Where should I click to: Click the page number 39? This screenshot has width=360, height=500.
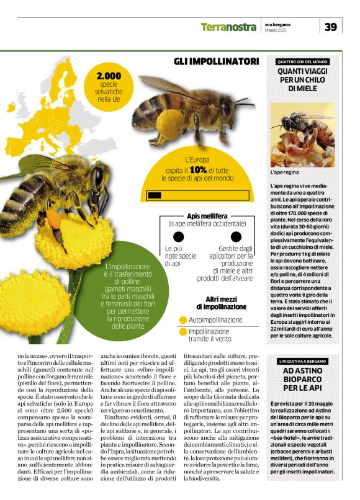coord(331,27)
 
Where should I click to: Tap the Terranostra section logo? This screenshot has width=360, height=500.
coord(228,27)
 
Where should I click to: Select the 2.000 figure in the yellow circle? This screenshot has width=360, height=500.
coord(109,76)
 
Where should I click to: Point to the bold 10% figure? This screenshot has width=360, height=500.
coord(198,169)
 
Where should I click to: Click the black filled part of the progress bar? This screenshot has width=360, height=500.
coord(155,195)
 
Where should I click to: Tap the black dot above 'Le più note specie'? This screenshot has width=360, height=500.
coord(179,237)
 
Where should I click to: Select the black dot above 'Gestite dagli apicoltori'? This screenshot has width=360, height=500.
coord(236,237)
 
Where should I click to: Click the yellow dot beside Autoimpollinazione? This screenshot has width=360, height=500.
coord(182,320)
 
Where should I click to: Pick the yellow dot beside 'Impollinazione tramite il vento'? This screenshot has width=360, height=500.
coord(182,332)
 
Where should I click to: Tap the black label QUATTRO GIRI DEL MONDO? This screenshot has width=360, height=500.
coord(303,62)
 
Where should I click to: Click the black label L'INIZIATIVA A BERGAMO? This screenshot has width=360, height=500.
coord(303,360)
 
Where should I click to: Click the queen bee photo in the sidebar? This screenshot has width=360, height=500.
coord(302,134)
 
